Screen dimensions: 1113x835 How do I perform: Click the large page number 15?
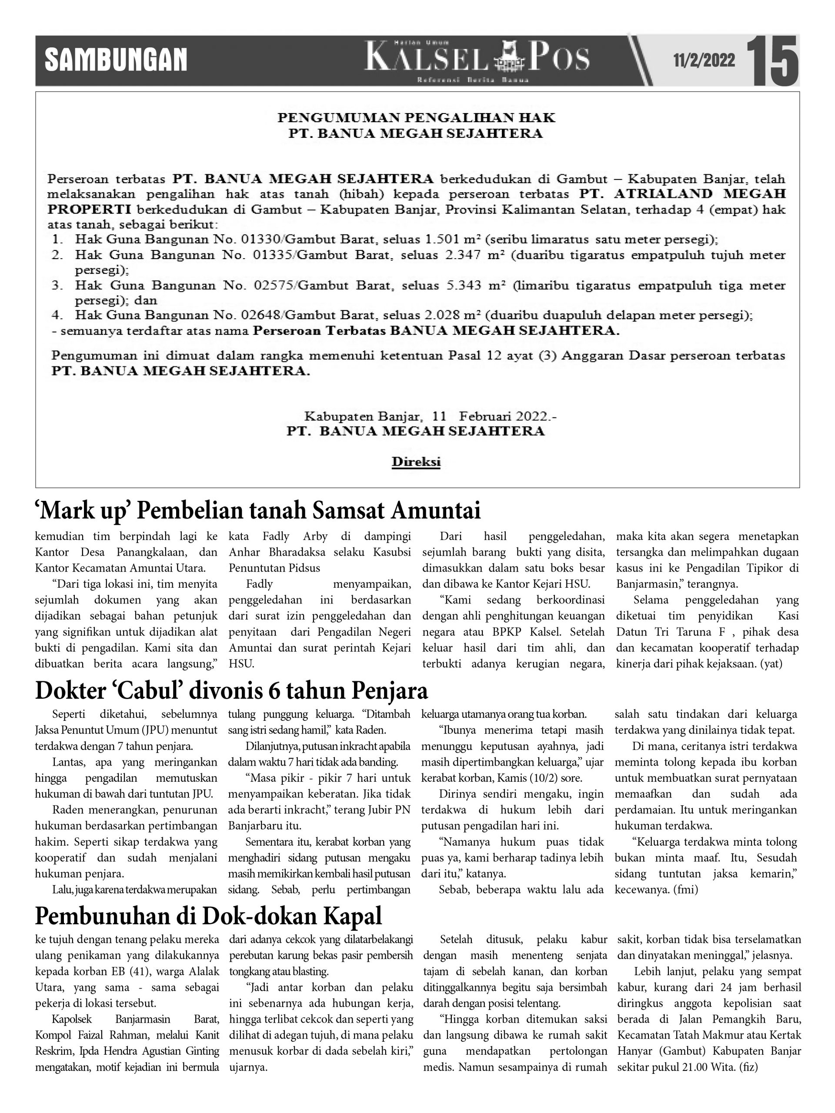(x=772, y=61)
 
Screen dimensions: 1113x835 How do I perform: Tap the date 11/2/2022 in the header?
(x=704, y=61)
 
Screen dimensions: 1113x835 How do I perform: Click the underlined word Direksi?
(x=416, y=462)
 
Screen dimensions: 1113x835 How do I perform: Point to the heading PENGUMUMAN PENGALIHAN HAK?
(x=416, y=118)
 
